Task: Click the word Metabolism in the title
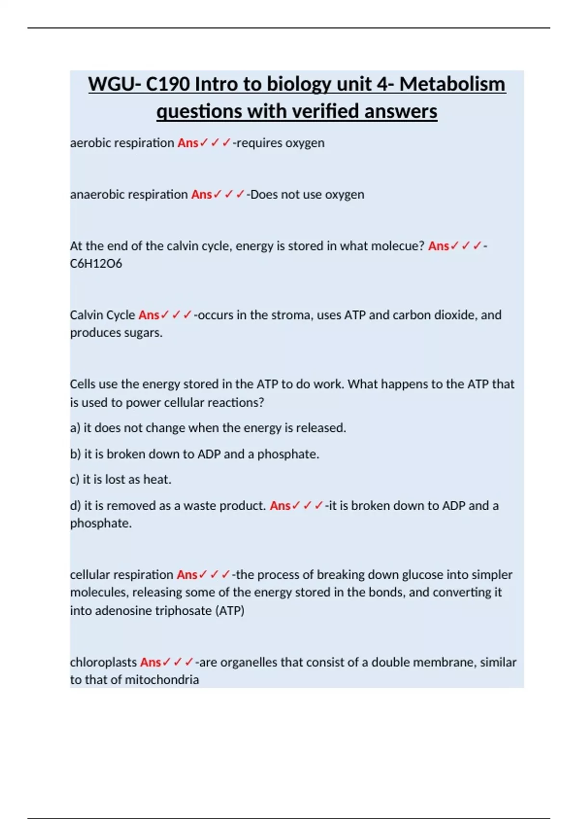452,84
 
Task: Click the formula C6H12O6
96,264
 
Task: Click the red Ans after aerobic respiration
187,143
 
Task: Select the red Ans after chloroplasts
150,662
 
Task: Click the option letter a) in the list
75,428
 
